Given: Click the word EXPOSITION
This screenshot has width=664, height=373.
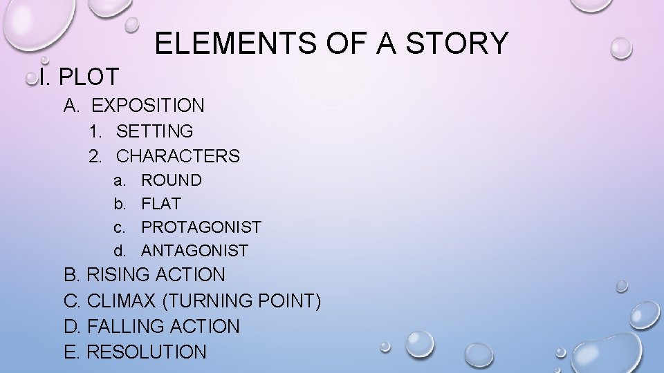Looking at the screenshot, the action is pyautogui.click(x=148, y=106).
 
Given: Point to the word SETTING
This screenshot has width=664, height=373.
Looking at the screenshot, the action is pyautogui.click(x=155, y=131).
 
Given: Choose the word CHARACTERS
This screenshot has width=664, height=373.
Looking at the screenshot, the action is pyautogui.click(x=178, y=156).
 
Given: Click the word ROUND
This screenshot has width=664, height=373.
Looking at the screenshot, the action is pyautogui.click(x=172, y=180).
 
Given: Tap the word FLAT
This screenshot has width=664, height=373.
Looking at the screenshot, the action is pyautogui.click(x=161, y=204).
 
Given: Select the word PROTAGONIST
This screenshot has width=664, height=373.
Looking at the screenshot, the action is pyautogui.click(x=201, y=227).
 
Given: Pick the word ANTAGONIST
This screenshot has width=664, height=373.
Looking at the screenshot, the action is pyautogui.click(x=195, y=250).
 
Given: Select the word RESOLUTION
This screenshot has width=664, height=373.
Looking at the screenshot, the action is pyautogui.click(x=147, y=352).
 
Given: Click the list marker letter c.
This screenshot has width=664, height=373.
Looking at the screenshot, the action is pyautogui.click(x=119, y=227).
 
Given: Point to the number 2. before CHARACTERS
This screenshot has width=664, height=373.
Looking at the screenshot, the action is pyautogui.click(x=95, y=156).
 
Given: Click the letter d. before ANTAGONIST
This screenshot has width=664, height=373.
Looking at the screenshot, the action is pyautogui.click(x=120, y=250).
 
